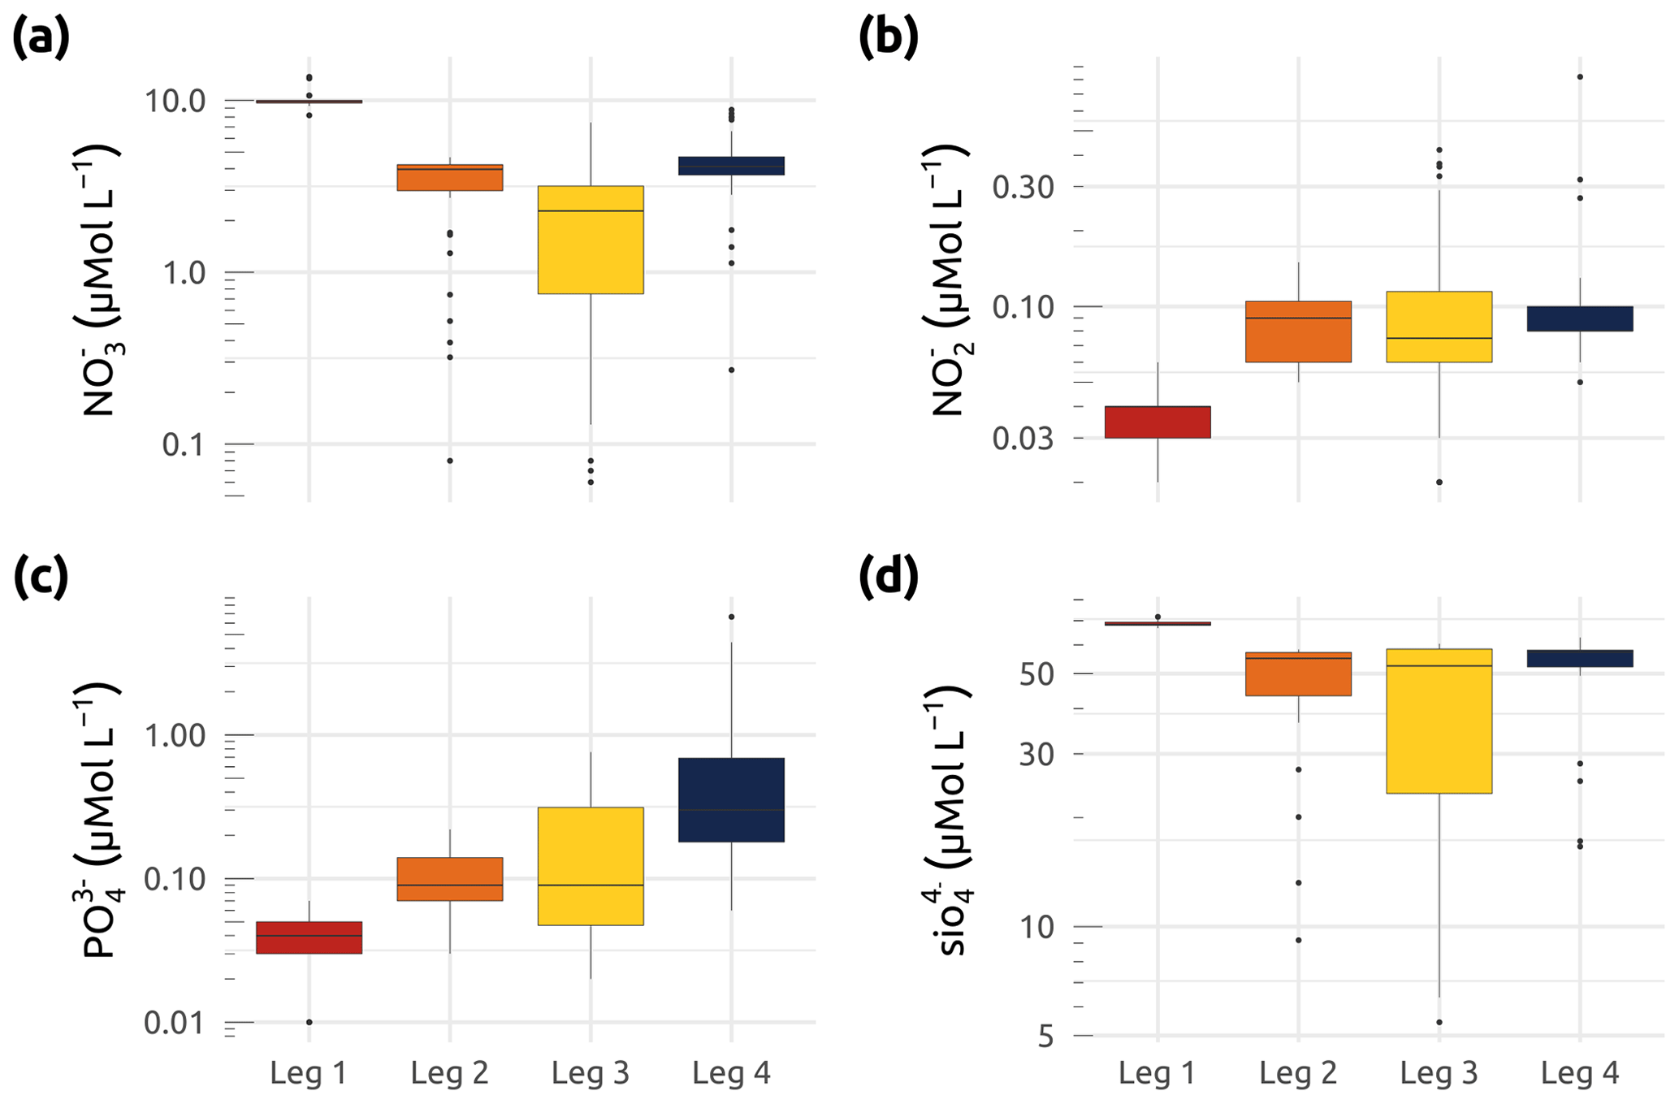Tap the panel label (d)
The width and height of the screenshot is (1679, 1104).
click(888, 576)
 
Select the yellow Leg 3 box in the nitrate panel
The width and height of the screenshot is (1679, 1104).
click(591, 240)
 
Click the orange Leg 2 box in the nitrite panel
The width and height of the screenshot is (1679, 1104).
click(1298, 331)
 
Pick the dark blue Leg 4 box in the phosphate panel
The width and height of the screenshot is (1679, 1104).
click(731, 799)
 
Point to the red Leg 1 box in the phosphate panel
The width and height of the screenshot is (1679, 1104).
click(309, 937)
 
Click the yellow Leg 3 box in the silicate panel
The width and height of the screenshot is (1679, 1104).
click(1439, 721)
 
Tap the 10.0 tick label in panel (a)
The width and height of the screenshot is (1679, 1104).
click(174, 102)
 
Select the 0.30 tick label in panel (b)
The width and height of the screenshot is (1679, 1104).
click(1023, 188)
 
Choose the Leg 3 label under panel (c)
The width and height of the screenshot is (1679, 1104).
click(591, 1074)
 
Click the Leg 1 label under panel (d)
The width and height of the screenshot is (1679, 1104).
click(1157, 1074)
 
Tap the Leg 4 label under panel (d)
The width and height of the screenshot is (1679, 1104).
click(1580, 1074)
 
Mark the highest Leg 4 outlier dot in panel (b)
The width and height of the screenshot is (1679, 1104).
click(1580, 77)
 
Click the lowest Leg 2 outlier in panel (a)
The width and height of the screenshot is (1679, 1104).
click(450, 461)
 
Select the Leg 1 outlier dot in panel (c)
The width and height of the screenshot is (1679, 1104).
click(309, 1022)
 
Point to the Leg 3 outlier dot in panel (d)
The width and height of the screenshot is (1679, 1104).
click(1439, 1022)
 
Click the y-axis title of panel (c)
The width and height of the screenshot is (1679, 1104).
click(100, 820)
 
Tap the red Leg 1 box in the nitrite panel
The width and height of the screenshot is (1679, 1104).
click(1158, 422)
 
